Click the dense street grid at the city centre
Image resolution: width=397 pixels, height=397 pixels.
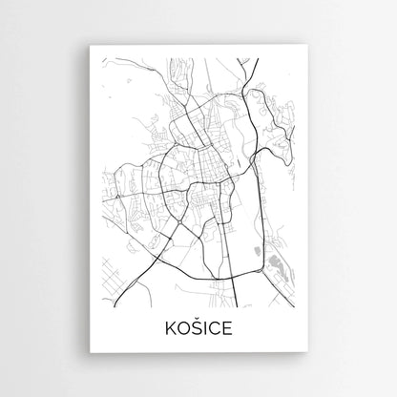point(205,162)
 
